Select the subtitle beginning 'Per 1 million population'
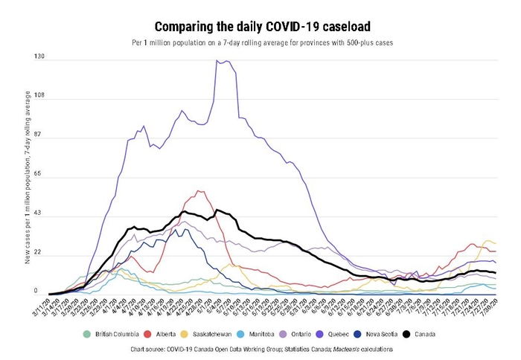click(260, 43)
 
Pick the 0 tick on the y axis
click(33, 292)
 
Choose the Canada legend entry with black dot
click(471, 334)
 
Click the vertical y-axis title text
click(28, 179)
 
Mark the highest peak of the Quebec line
click(218, 61)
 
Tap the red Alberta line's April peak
click(199, 190)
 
